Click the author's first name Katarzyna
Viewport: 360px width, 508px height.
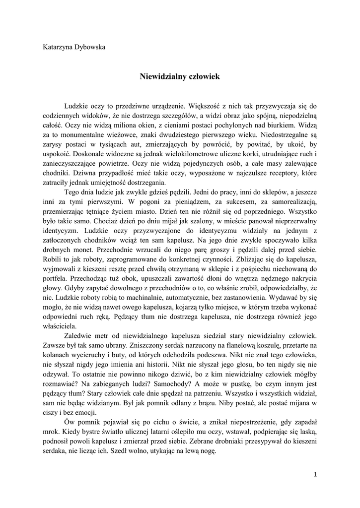58,47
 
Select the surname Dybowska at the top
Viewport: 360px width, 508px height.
90,47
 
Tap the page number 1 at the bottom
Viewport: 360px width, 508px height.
315,475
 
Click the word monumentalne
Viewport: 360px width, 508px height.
77,133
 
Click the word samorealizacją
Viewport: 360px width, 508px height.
294,201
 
